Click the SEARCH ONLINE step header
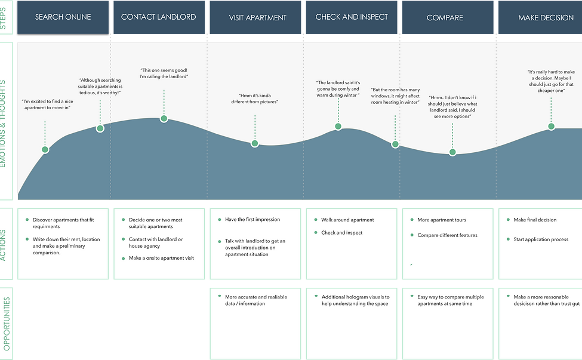(x=63, y=17)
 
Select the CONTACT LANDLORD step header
(x=159, y=17)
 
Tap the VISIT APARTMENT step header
(x=255, y=17)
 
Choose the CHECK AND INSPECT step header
(x=352, y=17)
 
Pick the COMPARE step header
(x=448, y=17)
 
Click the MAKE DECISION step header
(x=540, y=17)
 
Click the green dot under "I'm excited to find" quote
(x=45, y=150)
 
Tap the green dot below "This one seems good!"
(x=164, y=119)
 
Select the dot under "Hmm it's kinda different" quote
(x=255, y=144)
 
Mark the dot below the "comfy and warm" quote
(x=338, y=127)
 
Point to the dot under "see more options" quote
(x=452, y=152)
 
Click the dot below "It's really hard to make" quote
(x=551, y=127)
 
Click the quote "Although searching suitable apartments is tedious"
(x=100, y=87)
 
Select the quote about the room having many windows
(x=395, y=96)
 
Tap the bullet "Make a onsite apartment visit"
(x=161, y=258)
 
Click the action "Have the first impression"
(x=252, y=219)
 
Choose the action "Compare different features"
(x=447, y=235)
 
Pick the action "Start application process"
(x=541, y=239)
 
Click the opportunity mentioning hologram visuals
(x=355, y=300)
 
